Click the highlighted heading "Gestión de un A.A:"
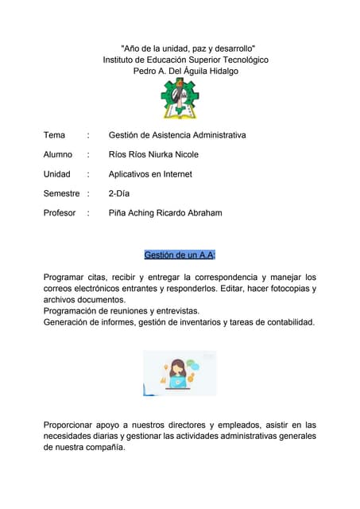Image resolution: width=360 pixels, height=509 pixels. pyautogui.click(x=180, y=254)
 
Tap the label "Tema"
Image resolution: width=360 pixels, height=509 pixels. pyautogui.click(x=54, y=135)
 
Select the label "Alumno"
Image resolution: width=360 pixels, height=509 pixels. pyautogui.click(x=58, y=154)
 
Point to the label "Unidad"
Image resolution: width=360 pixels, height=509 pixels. pyautogui.click(x=56, y=174)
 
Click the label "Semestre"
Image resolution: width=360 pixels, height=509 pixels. pyautogui.click(x=61, y=193)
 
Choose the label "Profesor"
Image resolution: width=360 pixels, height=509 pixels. pyautogui.click(x=60, y=212)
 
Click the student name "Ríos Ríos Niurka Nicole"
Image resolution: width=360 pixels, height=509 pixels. pyautogui.click(x=153, y=154)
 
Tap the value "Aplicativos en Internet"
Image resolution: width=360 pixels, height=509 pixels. pyautogui.click(x=150, y=174)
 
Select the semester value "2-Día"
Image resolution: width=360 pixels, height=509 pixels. pyautogui.click(x=119, y=193)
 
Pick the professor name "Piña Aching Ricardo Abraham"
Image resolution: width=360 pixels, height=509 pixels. pyautogui.click(x=165, y=212)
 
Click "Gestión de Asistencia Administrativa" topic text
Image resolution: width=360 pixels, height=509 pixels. pyautogui.click(x=177, y=135)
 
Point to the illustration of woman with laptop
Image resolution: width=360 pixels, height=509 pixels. pyautogui.click(x=180, y=373)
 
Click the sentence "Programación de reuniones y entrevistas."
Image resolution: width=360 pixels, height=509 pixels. pyautogui.click(x=122, y=311)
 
